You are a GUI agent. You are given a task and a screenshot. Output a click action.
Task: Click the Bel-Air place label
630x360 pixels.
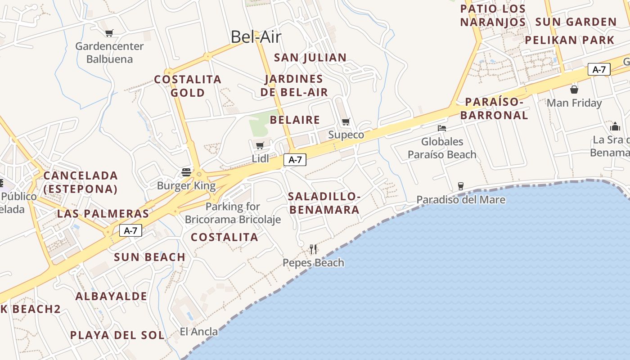coord(256,37)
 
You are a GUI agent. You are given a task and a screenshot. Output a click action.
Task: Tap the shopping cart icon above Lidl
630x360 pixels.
coord(260,145)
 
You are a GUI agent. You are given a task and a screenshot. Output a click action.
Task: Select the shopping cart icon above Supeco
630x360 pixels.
coord(346,121)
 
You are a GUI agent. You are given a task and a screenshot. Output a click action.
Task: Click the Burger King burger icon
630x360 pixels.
coord(186,172)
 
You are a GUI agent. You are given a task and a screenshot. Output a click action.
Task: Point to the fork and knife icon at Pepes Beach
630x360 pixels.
coord(313,249)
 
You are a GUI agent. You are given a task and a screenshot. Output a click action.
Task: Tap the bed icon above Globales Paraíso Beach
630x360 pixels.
coord(442,128)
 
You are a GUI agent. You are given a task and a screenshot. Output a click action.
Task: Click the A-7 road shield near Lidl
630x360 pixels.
coord(295,160)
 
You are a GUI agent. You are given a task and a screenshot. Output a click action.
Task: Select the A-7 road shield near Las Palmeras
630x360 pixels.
coord(130,231)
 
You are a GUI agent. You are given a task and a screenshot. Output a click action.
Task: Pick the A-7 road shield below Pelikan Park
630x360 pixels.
coord(599,70)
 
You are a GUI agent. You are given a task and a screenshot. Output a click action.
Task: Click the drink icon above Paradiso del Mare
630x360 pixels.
coord(460,186)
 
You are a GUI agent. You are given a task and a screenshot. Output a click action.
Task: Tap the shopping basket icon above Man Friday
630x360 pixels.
coord(574,89)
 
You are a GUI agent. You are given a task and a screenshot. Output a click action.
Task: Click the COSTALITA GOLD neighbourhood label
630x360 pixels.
coord(188,86)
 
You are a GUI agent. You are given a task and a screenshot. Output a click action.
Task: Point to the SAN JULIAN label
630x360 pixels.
coord(310,58)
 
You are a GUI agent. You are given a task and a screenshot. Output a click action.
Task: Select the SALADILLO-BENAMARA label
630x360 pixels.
coord(324,203)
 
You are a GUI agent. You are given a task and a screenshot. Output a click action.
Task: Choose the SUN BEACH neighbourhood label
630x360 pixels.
coord(149,257)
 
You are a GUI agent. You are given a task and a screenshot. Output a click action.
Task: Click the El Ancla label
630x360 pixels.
coord(198,332)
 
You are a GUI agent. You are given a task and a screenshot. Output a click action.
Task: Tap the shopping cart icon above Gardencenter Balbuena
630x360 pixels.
coord(109,33)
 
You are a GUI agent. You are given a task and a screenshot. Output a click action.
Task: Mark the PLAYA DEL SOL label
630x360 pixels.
coord(117,335)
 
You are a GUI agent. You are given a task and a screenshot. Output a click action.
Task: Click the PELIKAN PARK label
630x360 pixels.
coord(569,40)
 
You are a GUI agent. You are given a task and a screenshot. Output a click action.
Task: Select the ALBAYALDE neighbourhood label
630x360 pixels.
coord(111,297)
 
